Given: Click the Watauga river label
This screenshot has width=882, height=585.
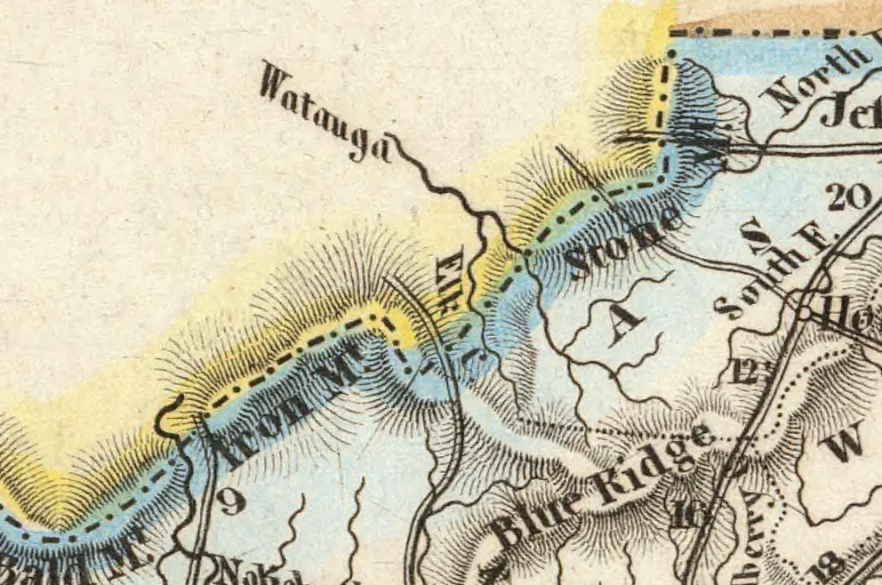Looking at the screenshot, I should click(325, 110).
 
